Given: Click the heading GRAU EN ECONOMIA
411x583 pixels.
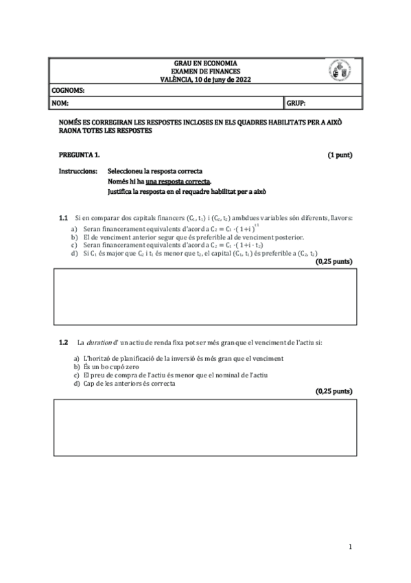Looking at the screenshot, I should click(x=203, y=64).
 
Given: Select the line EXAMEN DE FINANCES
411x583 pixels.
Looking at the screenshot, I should click(x=203, y=71).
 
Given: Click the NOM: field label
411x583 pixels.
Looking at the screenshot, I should click(x=60, y=103).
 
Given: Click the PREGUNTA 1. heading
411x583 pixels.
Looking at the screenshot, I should click(x=80, y=155).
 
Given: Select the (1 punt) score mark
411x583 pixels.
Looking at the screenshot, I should click(x=340, y=155).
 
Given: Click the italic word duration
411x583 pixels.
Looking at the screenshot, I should click(x=100, y=342).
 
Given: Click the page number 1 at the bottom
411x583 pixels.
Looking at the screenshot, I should click(x=350, y=547).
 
